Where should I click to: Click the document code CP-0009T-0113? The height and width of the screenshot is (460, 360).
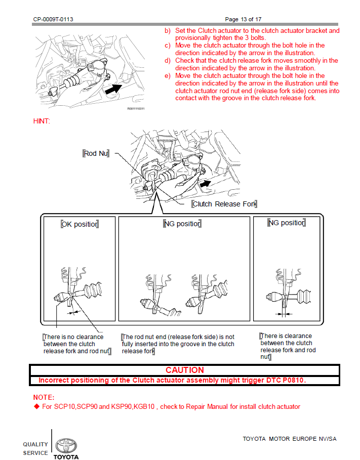pyautogui.click(x=53, y=19)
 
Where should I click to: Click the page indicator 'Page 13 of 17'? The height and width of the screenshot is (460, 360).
pyautogui.click(x=243, y=19)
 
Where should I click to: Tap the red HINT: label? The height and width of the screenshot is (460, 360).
pyautogui.click(x=42, y=121)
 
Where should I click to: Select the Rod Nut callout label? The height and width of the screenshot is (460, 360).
pyautogui.click(x=96, y=153)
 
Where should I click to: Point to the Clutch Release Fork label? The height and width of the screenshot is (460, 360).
pyautogui.click(x=224, y=204)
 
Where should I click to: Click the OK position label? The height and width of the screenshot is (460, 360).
pyautogui.click(x=79, y=224)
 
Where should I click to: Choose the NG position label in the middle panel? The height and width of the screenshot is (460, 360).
pyautogui.click(x=182, y=224)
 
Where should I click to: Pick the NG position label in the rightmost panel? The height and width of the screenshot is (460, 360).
pyautogui.click(x=286, y=223)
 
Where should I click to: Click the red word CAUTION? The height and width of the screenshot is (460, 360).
pyautogui.click(x=185, y=370)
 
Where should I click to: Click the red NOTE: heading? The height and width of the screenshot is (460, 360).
pyautogui.click(x=44, y=398)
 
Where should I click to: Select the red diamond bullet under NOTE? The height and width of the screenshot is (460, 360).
pyautogui.click(x=36, y=406)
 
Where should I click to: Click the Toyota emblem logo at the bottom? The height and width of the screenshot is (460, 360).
pyautogui.click(x=66, y=445)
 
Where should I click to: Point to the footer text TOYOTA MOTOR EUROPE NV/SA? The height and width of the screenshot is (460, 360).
pyautogui.click(x=290, y=439)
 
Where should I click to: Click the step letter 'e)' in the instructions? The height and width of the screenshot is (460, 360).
pyautogui.click(x=168, y=76)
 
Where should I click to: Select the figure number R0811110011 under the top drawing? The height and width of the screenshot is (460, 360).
pyautogui.click(x=135, y=109)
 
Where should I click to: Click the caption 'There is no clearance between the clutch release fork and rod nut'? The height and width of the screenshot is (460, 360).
pyautogui.click(x=76, y=344)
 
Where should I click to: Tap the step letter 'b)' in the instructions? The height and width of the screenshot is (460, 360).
pyautogui.click(x=168, y=30)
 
